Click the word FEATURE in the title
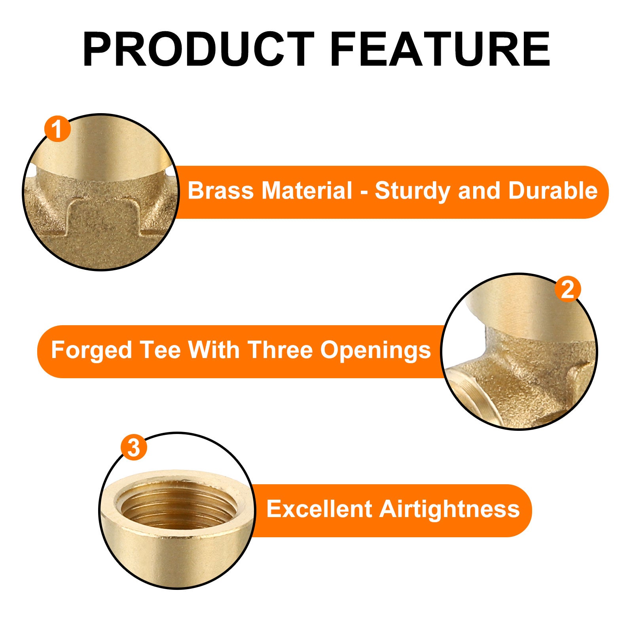point(440,49)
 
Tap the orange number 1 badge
point(57,129)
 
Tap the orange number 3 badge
point(134,447)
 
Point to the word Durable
point(552,191)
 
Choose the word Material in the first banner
point(307,191)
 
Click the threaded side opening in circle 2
point(469,396)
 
